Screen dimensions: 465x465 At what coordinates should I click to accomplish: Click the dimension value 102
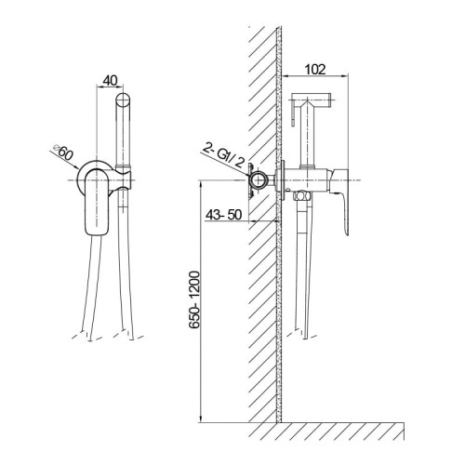(315, 70)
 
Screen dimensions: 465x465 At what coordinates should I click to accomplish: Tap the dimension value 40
(110, 81)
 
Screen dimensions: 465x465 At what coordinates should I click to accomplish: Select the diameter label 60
(66, 153)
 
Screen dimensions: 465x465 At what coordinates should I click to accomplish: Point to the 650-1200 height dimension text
(194, 299)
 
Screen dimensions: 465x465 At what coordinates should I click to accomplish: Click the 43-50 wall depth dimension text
(223, 215)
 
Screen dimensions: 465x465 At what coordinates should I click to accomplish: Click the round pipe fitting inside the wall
(259, 179)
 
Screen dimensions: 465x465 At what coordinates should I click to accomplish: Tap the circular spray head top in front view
(123, 100)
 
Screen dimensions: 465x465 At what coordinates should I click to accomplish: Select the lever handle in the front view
(97, 202)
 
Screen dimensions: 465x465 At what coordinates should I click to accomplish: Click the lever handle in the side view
(341, 202)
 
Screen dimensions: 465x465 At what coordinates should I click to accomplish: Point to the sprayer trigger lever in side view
(293, 114)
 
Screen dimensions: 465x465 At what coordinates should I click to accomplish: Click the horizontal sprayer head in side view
(311, 99)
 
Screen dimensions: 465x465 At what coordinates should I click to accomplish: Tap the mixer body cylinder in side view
(306, 179)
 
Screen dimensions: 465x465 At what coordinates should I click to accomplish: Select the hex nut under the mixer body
(301, 196)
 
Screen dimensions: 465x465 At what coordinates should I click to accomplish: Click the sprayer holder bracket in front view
(124, 179)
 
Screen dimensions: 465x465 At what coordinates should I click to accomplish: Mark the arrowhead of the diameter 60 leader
(76, 167)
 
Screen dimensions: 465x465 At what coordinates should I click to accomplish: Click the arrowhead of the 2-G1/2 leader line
(249, 176)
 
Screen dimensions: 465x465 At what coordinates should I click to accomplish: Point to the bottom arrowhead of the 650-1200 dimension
(202, 418)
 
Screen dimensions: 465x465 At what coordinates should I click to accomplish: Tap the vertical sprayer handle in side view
(308, 137)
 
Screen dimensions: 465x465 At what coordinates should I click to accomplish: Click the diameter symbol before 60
(57, 147)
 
